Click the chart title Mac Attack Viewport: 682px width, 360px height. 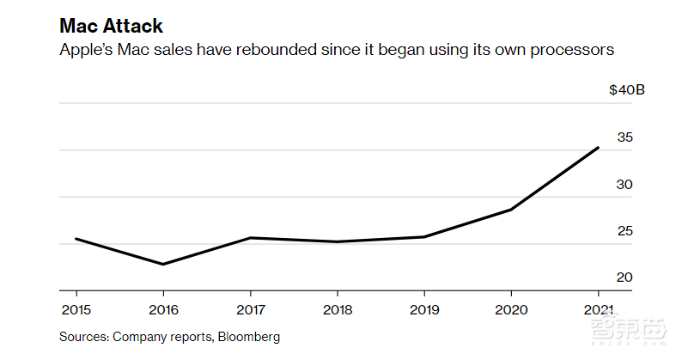click(111, 26)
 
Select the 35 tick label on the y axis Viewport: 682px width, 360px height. click(624, 137)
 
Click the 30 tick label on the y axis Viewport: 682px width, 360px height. click(624, 185)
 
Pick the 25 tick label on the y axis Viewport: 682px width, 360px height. click(624, 231)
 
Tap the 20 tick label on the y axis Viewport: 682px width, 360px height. click(624, 278)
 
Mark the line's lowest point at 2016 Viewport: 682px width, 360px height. click(162, 264)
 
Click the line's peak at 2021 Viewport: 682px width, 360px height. click(598, 148)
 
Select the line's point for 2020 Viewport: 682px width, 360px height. click(511, 210)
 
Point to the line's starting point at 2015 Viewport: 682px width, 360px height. click(76, 239)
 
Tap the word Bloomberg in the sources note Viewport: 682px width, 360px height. click(249, 337)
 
